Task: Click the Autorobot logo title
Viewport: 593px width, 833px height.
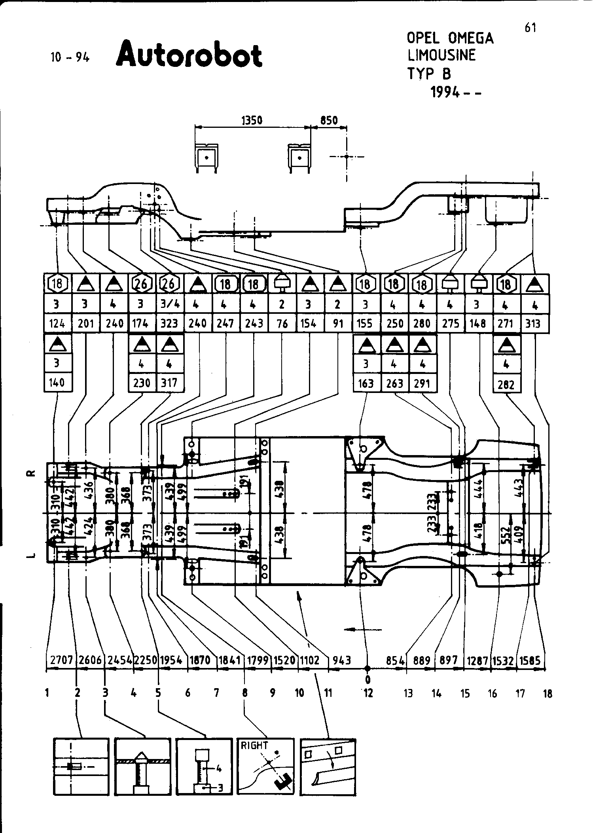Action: [x=189, y=54]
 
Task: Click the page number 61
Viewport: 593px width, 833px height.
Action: [x=530, y=28]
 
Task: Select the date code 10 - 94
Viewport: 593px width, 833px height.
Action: [x=70, y=57]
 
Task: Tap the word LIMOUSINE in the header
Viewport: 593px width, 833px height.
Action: [x=441, y=55]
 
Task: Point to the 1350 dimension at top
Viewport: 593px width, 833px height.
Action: [x=252, y=120]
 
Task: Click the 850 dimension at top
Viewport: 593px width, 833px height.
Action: [x=329, y=120]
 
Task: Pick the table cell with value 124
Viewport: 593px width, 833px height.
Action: [x=57, y=323]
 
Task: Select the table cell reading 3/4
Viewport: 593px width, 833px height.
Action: [x=169, y=304]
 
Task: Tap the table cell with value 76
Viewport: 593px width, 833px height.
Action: [x=282, y=323]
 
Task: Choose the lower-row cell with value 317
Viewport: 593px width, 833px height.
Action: [x=170, y=383]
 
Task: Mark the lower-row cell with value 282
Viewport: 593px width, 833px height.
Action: [x=506, y=384]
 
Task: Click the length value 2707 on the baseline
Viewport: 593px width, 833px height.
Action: [x=62, y=660]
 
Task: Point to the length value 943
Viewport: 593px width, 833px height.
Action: [x=342, y=660]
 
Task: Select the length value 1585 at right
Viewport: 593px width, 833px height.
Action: [x=530, y=660]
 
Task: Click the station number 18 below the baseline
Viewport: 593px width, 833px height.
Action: [x=548, y=693]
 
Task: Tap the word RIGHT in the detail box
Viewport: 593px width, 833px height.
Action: [x=254, y=745]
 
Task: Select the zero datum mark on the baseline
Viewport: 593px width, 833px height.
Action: [x=368, y=679]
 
